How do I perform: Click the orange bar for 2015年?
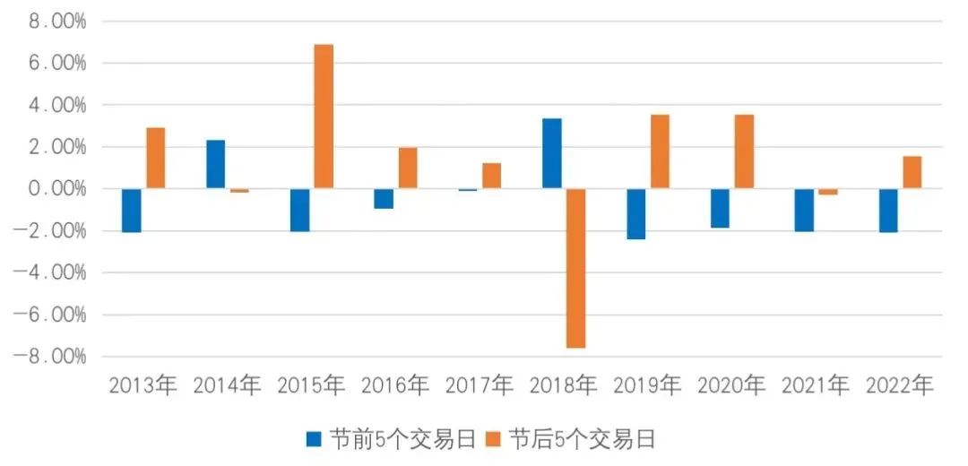[324, 116]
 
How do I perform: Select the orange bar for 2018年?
[575, 268]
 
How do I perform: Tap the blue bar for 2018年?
[552, 153]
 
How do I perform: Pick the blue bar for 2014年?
[216, 164]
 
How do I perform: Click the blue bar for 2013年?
[132, 211]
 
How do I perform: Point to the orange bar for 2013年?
[155, 158]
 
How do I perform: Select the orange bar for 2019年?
[660, 151]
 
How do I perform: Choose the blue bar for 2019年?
[635, 214]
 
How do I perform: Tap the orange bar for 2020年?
[744, 151]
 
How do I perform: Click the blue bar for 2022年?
[888, 211]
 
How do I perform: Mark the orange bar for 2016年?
[408, 168]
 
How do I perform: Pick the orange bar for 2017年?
[491, 176]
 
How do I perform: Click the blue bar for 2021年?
[804, 210]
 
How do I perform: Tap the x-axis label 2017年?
[480, 386]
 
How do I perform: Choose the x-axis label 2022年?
[900, 386]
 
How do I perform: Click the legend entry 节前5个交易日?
[390, 439]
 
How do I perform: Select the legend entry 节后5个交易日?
[571, 439]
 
